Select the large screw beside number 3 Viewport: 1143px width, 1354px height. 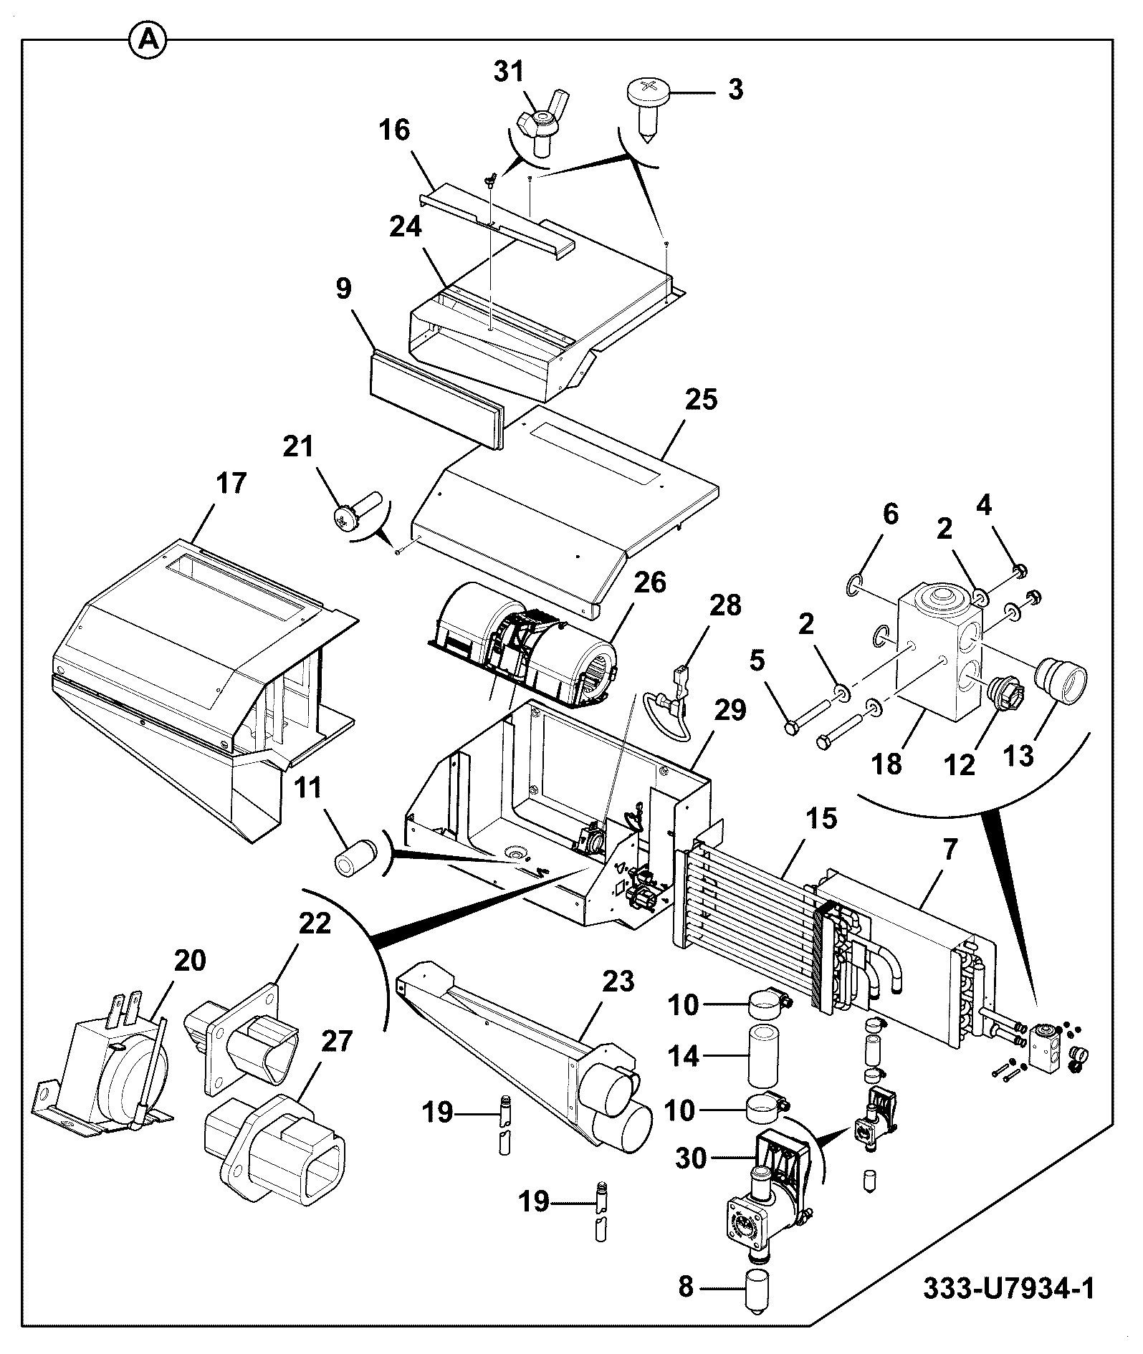pos(648,108)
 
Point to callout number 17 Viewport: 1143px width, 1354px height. pos(231,483)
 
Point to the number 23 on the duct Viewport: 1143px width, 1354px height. pos(618,981)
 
